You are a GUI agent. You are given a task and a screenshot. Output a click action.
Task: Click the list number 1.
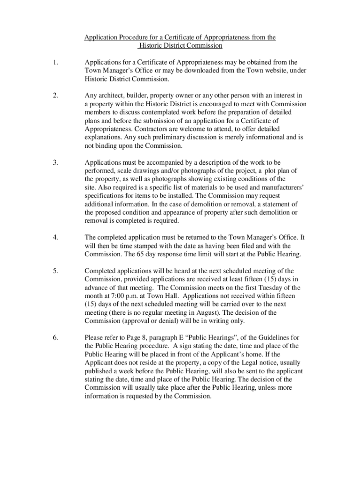[55, 62]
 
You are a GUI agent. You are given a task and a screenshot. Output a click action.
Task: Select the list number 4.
[56, 238]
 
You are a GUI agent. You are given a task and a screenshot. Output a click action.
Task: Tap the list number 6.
[56, 337]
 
